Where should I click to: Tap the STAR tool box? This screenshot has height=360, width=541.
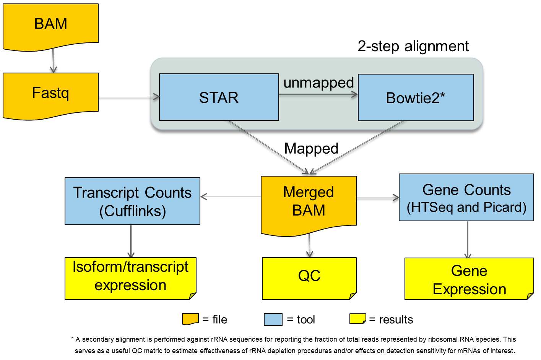click(x=219, y=97)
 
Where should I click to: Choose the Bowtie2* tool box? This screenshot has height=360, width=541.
click(x=416, y=97)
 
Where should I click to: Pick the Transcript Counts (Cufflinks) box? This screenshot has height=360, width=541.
click(x=132, y=201)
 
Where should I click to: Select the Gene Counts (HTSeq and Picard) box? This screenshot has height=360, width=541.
click(x=466, y=197)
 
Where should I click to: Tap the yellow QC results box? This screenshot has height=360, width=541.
click(x=309, y=278)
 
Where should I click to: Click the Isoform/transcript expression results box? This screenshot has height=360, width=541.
click(x=130, y=278)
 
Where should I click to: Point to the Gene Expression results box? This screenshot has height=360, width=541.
click(x=469, y=279)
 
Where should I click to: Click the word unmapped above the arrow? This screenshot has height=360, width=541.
click(x=318, y=83)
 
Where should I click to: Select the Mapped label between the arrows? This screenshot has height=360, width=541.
click(x=311, y=149)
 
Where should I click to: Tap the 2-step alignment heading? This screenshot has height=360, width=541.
click(x=413, y=46)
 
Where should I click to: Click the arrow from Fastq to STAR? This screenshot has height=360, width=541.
click(x=129, y=97)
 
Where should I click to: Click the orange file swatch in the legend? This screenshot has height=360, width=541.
click(x=190, y=319)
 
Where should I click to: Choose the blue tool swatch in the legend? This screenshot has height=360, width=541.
click(x=273, y=319)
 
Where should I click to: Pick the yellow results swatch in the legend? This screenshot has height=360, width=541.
click(x=358, y=319)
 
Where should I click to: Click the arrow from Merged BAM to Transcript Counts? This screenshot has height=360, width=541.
click(x=231, y=197)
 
